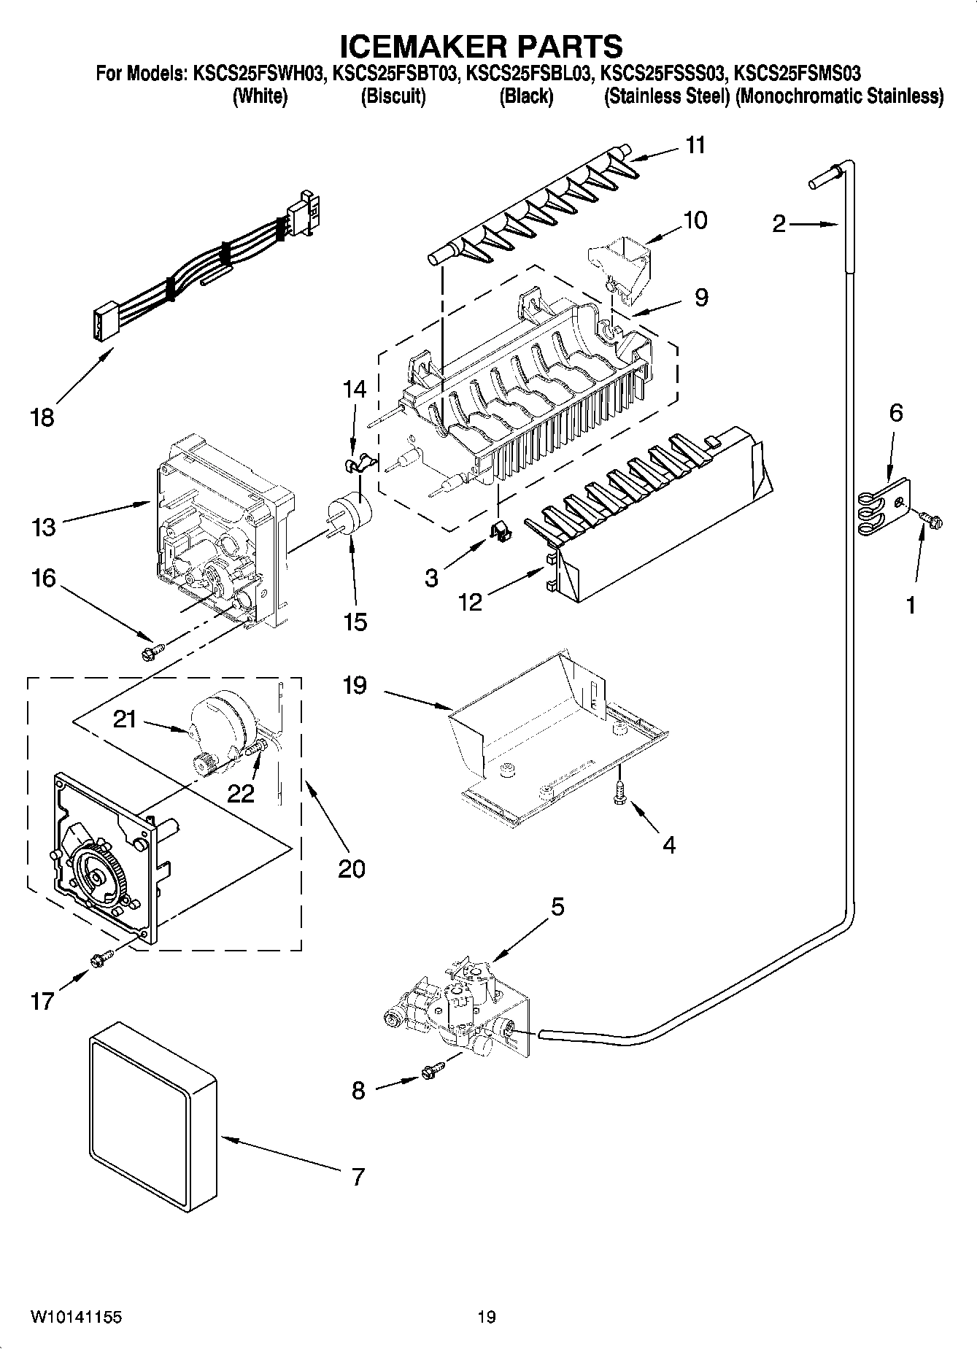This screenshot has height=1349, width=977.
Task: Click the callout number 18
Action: [x=42, y=418]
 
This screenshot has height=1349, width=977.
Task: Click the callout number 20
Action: [x=352, y=868]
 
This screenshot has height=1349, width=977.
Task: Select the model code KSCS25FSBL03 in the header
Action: [x=527, y=73]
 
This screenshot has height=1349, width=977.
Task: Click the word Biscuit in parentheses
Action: [x=393, y=96]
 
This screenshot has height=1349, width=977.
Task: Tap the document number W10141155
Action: [x=76, y=1317]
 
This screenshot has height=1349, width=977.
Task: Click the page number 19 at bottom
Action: [x=487, y=1317]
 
